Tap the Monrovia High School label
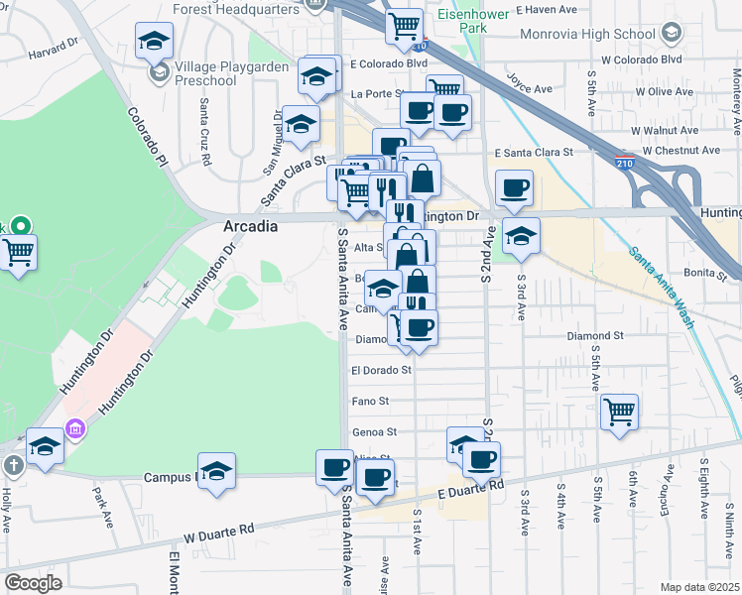[592, 34]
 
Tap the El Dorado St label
[381, 370]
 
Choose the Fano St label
[369, 402]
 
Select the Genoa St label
[373, 432]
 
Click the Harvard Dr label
[54, 51]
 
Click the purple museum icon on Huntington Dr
[74, 428]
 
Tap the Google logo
[33, 583]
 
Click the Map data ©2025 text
[699, 587]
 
